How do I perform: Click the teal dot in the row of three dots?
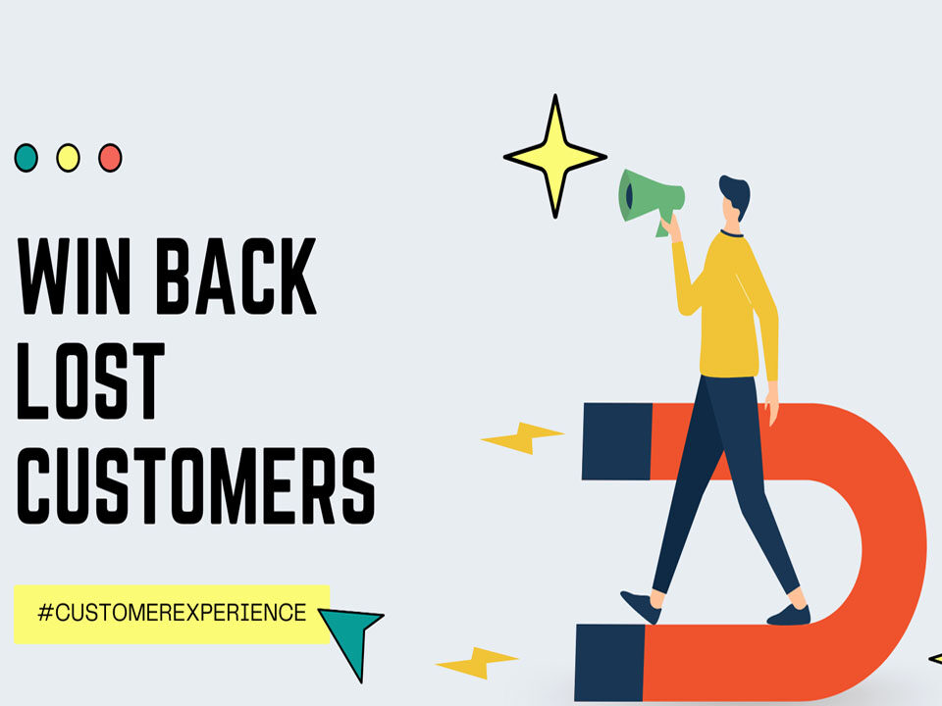click(26, 157)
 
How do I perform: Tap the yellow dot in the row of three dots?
click(68, 157)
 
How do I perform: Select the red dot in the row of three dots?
click(110, 157)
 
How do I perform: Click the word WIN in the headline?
click(74, 276)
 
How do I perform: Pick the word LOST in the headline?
click(91, 381)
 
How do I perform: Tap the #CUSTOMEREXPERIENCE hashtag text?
click(172, 614)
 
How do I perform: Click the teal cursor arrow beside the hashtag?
click(351, 635)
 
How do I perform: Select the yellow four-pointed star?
click(555, 156)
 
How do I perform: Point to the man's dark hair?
click(735, 194)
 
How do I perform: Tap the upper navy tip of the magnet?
click(615, 440)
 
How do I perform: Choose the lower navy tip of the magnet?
click(608, 662)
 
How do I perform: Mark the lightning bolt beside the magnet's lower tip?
click(477, 663)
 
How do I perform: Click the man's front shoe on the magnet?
click(790, 615)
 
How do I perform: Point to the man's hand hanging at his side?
click(770, 413)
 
